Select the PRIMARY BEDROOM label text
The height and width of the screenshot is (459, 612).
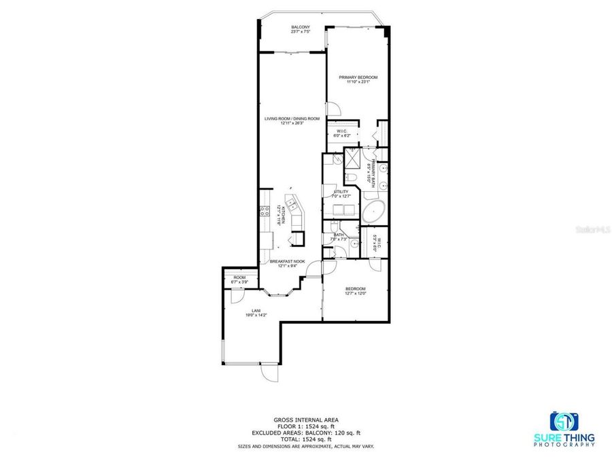point(358,78)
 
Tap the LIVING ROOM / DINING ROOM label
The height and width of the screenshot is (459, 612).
point(292,118)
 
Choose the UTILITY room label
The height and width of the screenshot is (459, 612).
point(341,192)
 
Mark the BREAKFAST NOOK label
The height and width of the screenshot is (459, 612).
point(287,261)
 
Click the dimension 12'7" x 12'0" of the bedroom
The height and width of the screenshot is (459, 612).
point(356,293)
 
